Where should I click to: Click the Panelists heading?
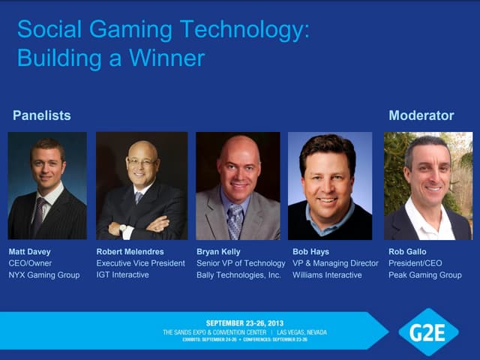point(42,115)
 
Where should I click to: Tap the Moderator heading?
point(421,115)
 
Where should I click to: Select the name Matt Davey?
point(29,252)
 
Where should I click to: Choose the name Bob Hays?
point(311,252)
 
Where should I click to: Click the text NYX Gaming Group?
point(44,274)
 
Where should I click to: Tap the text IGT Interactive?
point(123,274)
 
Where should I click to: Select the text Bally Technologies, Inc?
point(238,274)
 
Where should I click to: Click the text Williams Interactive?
point(327,274)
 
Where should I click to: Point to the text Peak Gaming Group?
point(425,274)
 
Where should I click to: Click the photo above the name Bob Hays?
point(331,186)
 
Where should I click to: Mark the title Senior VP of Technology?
point(241,263)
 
